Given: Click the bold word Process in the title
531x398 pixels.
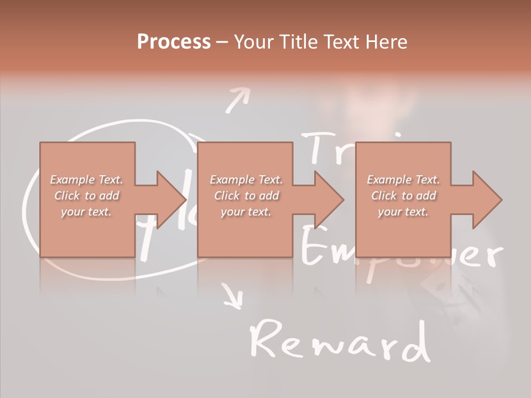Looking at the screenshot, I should (174, 42).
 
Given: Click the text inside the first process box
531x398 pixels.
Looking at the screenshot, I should (87, 195).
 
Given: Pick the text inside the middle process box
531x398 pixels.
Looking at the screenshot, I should (246, 195).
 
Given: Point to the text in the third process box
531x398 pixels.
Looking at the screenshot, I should (403, 195).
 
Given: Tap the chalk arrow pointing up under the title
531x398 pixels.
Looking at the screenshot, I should (237, 99).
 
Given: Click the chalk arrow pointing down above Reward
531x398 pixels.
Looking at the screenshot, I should (233, 296).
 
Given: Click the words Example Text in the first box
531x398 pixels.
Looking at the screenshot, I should (87, 180).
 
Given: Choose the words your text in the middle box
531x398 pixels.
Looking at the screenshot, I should (246, 212).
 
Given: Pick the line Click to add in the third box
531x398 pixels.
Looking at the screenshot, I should (403, 196).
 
